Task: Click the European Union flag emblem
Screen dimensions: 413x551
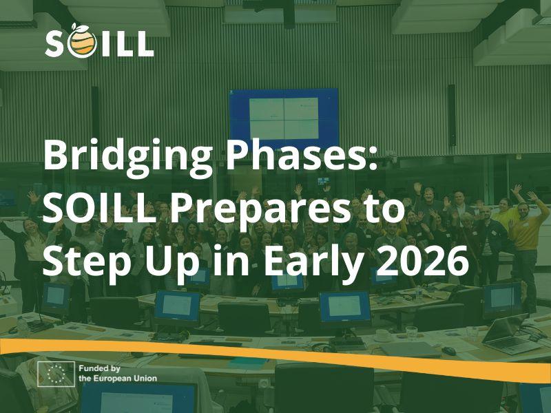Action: (x=56, y=373)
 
